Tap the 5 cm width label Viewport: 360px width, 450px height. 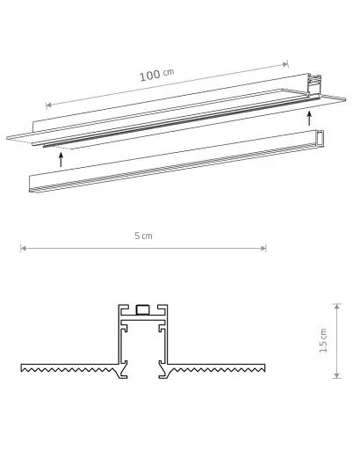tap(144, 236)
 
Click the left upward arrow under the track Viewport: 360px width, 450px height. tap(60, 158)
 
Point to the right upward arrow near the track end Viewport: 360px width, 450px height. tap(308, 117)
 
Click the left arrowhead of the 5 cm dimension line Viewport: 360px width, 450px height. tap(23, 248)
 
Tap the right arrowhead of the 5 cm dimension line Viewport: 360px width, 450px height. tap(265, 248)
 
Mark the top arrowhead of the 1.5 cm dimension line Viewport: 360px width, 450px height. tap(337, 306)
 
